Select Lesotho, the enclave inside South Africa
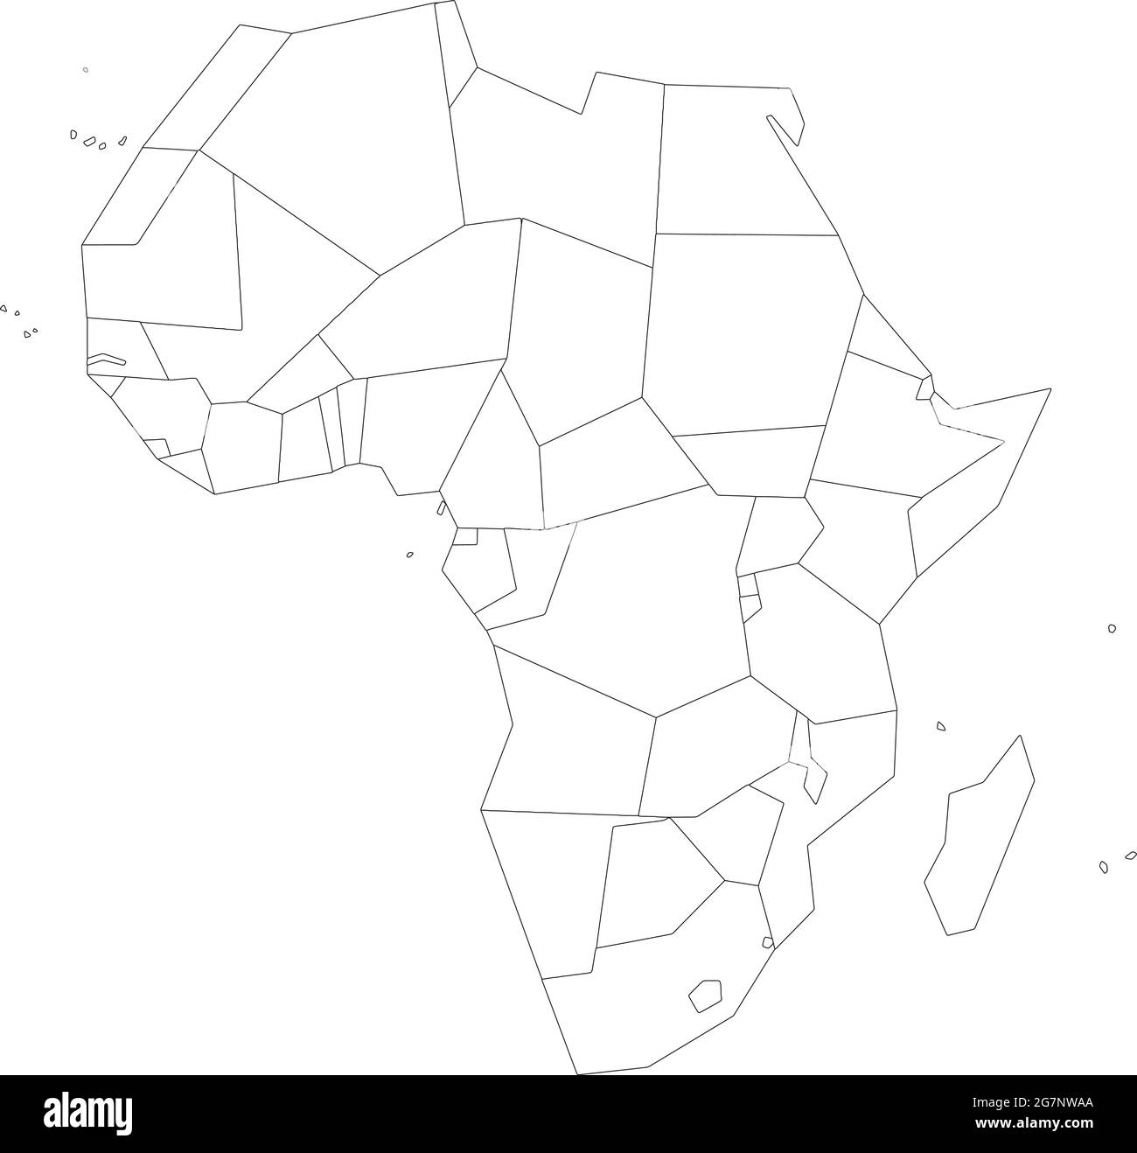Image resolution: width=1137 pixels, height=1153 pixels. click(x=705, y=996)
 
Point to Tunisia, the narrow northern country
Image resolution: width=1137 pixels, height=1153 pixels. click(x=455, y=52)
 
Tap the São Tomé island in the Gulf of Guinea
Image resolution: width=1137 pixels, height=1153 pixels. click(x=409, y=554)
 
